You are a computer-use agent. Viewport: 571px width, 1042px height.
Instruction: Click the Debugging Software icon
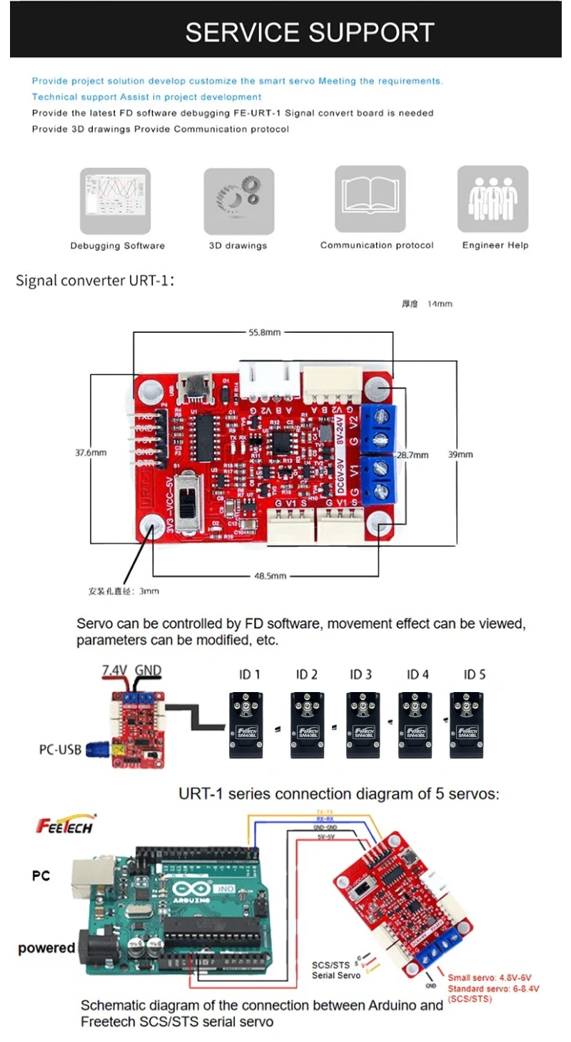tap(115, 201)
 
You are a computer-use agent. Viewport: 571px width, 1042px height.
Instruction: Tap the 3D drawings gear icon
tap(238, 201)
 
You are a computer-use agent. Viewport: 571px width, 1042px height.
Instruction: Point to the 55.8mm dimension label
tap(264, 333)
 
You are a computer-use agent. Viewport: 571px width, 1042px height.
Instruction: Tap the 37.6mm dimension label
tap(91, 452)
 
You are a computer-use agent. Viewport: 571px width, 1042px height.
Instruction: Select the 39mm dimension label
tap(460, 454)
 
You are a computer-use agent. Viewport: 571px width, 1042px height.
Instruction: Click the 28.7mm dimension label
tap(413, 454)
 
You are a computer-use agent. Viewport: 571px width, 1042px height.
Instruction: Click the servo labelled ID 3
tap(361, 724)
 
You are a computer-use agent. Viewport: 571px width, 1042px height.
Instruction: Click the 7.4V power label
tap(114, 671)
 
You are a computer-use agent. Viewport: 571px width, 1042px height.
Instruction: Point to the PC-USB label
tap(59, 751)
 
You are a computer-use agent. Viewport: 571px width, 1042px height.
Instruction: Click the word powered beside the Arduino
tap(46, 948)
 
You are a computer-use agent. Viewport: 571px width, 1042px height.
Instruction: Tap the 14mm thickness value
tap(440, 304)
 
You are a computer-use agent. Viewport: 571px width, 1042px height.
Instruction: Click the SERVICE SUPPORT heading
tap(310, 32)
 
